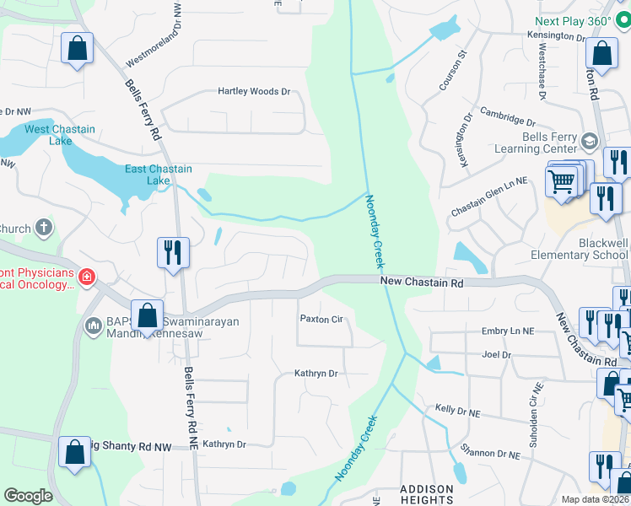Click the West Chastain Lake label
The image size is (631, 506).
pyautogui.click(x=59, y=135)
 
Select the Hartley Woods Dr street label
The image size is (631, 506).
pyautogui.click(x=253, y=91)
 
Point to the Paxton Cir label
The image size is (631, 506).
pyautogui.click(x=321, y=319)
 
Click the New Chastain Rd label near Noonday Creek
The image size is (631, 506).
pyautogui.click(x=422, y=283)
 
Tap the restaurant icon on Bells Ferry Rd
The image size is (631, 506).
pyautogui.click(x=173, y=252)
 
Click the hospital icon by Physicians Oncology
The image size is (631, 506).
pyautogui.click(x=85, y=277)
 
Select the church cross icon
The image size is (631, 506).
pyautogui.click(x=43, y=228)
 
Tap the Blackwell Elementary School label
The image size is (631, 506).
pyautogui.click(x=579, y=249)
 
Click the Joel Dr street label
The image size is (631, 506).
pyautogui.click(x=496, y=355)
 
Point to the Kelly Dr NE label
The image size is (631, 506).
pyautogui.click(x=457, y=410)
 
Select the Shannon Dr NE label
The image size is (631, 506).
pyautogui.click(x=489, y=453)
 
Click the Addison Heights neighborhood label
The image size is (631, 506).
pyautogui.click(x=426, y=494)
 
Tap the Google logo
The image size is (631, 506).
pyautogui.click(x=28, y=496)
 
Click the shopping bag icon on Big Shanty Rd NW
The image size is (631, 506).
pyautogui.click(x=74, y=450)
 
